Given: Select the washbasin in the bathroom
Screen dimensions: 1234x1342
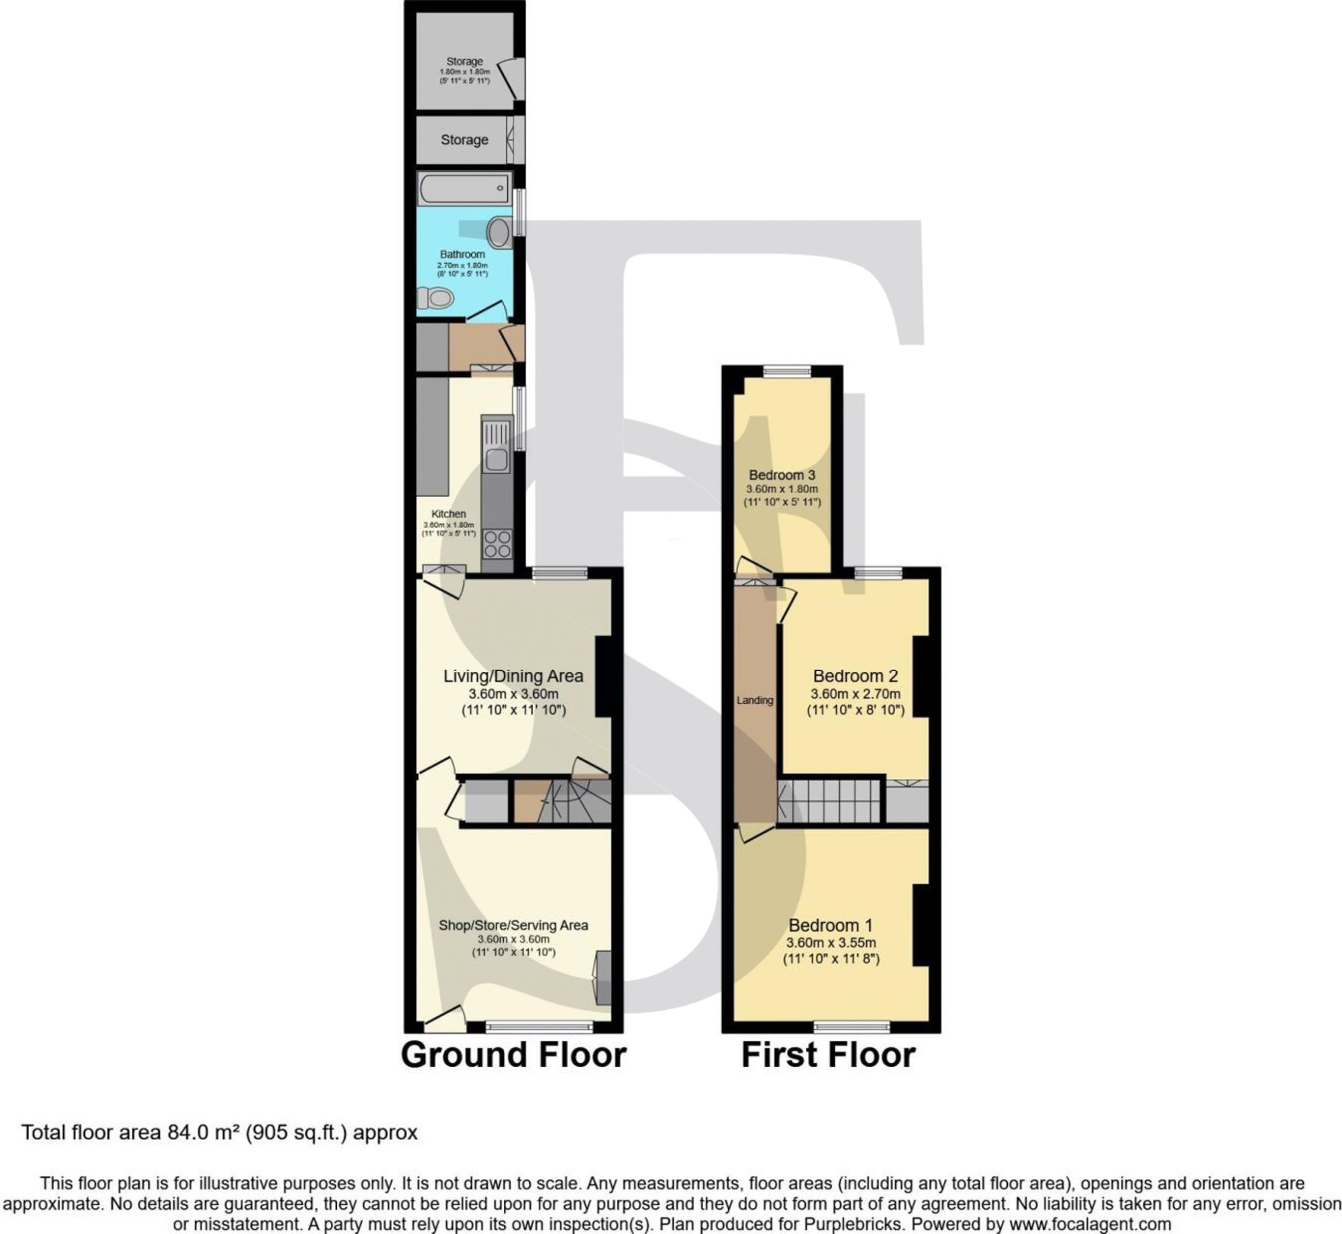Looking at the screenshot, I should click(499, 232).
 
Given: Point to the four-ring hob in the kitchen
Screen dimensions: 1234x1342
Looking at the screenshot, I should click(497, 544).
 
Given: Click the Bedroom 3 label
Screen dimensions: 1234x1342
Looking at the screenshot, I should click(782, 475).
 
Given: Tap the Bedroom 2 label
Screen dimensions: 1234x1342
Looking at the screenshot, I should click(855, 676).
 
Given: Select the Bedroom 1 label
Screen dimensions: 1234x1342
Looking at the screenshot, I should click(831, 925).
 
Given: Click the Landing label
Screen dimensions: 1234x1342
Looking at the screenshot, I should click(755, 700).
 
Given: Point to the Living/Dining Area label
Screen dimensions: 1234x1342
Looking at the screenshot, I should click(513, 676).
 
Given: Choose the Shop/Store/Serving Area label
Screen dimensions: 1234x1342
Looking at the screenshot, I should click(513, 925).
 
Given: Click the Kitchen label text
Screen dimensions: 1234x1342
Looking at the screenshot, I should click(448, 513).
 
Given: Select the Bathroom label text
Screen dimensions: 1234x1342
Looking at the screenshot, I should click(462, 254).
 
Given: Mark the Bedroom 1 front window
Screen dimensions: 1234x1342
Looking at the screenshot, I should click(851, 1027).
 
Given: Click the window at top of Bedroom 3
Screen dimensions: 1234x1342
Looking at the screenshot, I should click(787, 370).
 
